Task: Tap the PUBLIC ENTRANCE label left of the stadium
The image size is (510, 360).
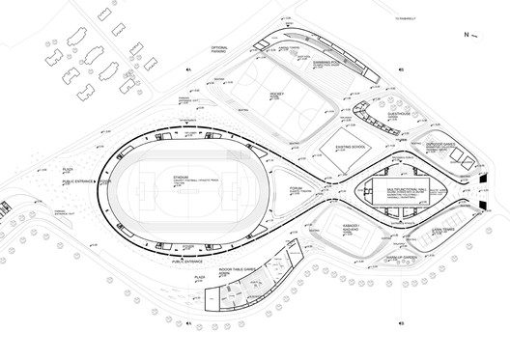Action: (x=78, y=180)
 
